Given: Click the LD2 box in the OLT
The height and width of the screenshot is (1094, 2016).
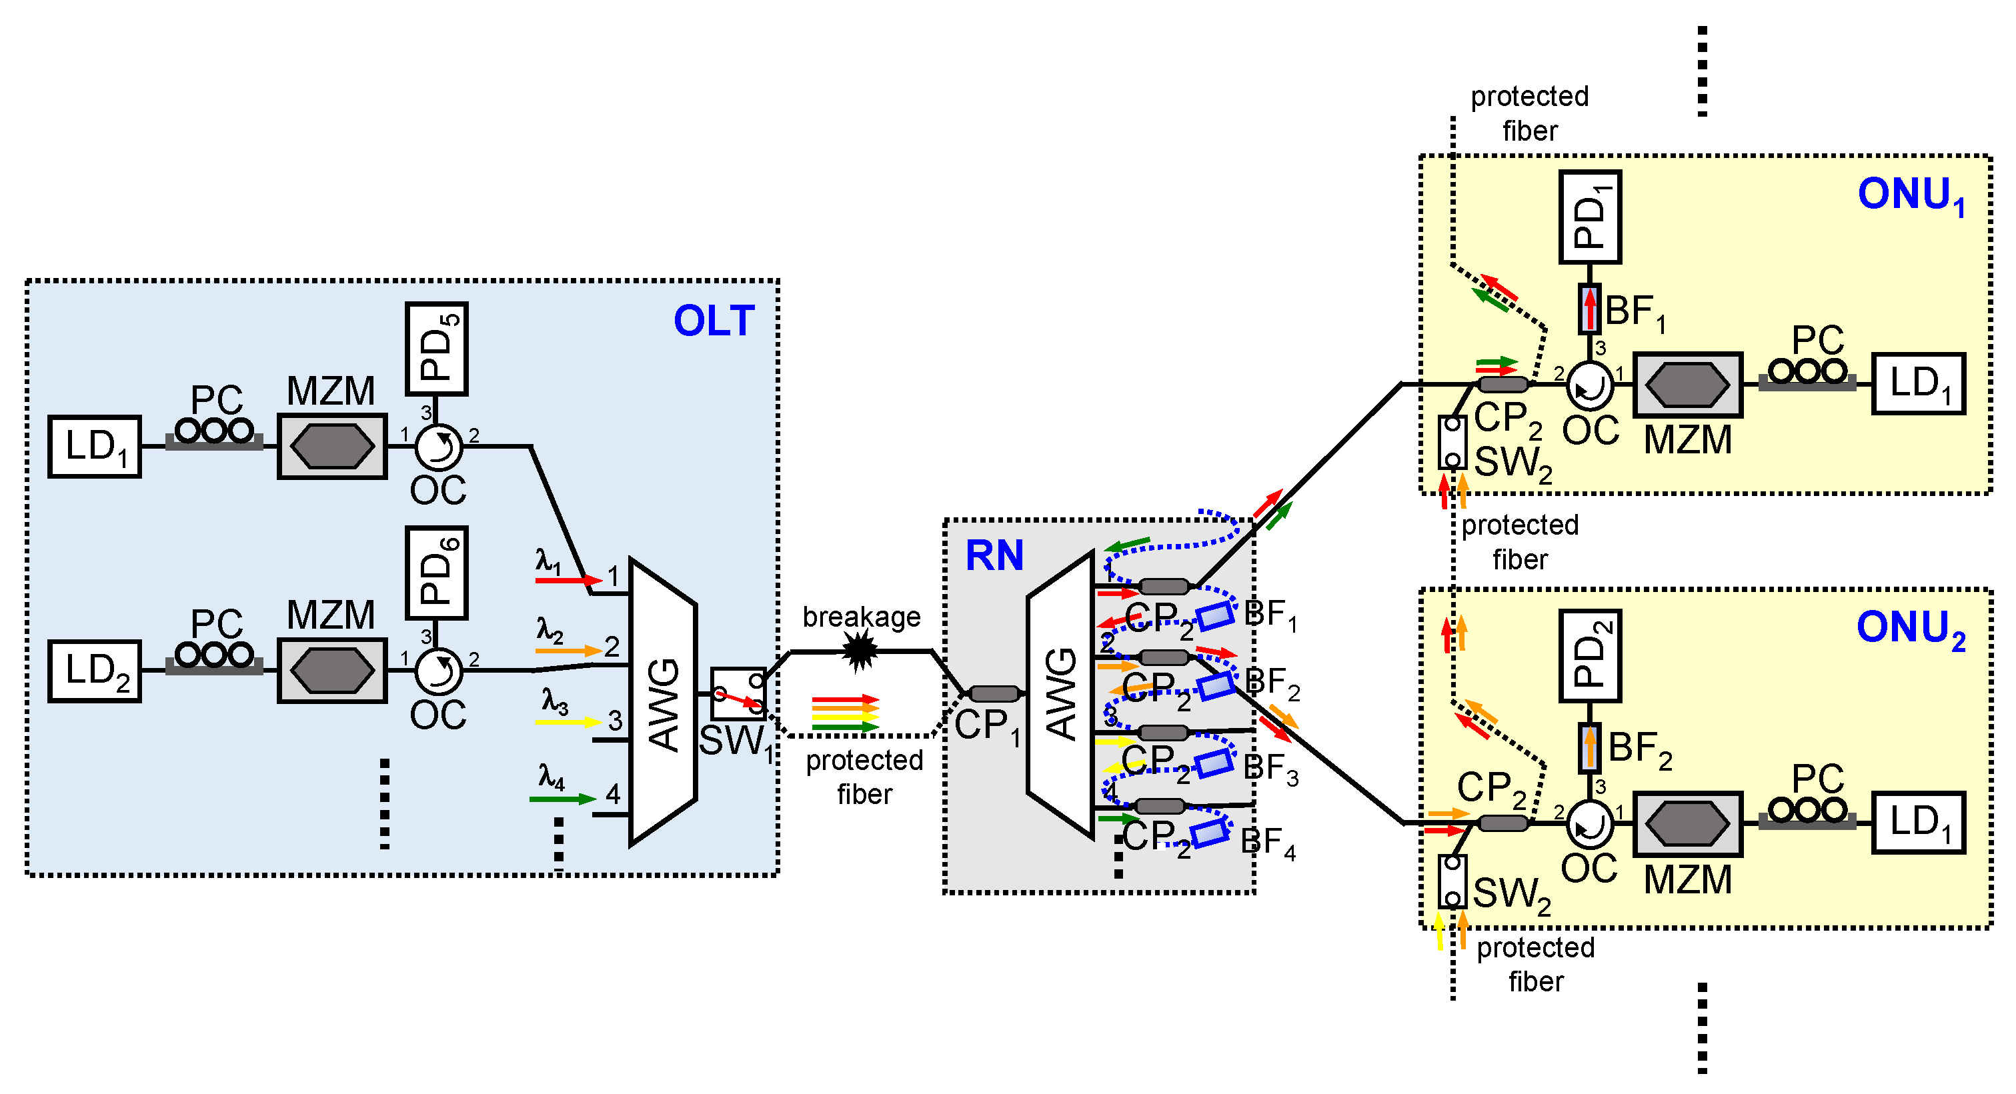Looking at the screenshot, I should pos(95,671).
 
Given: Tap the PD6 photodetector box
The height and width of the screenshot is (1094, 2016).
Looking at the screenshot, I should pos(437,573).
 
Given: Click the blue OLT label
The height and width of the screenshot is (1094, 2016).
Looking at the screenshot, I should pos(714,321).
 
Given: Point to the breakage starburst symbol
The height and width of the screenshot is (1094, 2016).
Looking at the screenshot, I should pos(860,650).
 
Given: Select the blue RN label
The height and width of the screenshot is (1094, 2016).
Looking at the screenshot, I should pos(994,555).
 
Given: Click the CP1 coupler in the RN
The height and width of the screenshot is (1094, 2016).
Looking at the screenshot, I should pos(994,693).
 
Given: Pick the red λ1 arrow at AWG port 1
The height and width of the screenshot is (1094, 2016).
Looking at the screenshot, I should pos(568,580).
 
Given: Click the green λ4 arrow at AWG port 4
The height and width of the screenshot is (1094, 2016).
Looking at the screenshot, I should pos(562,799).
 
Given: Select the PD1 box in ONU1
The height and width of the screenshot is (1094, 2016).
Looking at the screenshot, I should pos(1589,217).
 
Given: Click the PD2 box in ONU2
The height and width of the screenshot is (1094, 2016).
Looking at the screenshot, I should pos(1589,656).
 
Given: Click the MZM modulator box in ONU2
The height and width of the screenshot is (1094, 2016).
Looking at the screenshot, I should pos(1687,823).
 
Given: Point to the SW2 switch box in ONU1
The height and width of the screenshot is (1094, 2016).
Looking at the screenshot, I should pos(1452,442).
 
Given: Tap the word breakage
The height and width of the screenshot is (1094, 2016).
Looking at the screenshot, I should pos(861,617).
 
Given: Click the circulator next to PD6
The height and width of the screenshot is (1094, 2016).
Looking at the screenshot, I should pos(438,671).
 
